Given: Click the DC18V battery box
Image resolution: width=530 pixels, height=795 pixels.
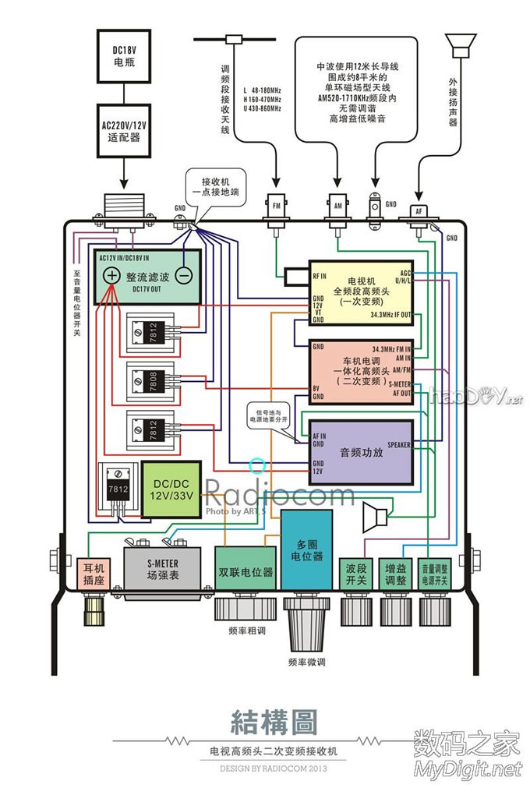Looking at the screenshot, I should (x=124, y=55).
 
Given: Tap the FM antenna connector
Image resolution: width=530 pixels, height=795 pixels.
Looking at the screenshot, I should (x=276, y=205).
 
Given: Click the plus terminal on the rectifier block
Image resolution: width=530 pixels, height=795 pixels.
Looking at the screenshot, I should (x=112, y=275).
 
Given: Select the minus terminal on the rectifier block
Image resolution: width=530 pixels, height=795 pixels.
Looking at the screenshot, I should (x=184, y=275).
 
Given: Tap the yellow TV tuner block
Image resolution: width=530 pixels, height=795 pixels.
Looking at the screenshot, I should (x=361, y=291).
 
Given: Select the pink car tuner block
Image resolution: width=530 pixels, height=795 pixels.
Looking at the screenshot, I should (x=361, y=370).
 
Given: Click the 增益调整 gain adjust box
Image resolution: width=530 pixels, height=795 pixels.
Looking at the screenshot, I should (x=396, y=576).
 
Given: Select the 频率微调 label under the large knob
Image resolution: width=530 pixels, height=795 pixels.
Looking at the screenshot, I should (x=306, y=662).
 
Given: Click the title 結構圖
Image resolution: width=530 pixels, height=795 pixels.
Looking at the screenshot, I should (x=274, y=723).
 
